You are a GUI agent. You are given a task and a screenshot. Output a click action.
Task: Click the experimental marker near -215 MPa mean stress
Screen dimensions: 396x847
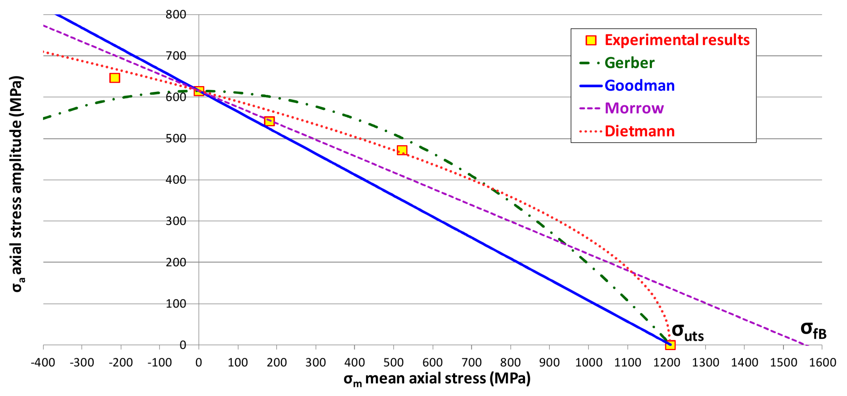pos(115,78)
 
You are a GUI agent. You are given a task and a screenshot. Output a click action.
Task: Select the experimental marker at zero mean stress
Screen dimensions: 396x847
pos(199,91)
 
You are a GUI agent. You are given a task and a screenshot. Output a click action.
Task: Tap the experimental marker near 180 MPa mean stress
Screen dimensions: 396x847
pos(269,121)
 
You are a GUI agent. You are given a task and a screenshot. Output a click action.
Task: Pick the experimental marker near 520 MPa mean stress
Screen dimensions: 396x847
pos(402,150)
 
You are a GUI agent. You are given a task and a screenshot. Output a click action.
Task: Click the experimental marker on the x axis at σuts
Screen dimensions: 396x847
pos(670,345)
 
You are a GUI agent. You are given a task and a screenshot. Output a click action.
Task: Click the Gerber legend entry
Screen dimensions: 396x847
pos(629,63)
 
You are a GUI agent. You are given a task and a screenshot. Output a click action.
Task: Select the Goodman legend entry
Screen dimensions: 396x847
pos(639,86)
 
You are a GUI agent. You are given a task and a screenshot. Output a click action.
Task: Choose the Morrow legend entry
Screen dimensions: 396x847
pos(634,108)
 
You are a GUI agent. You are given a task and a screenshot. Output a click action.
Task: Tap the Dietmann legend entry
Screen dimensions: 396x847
pos(639,131)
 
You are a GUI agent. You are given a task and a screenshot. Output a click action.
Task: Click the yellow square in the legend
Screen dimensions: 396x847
pos(591,40)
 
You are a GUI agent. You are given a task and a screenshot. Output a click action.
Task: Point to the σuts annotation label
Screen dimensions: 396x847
pos(688,332)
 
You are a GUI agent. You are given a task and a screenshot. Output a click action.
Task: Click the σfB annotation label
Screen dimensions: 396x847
pos(813,330)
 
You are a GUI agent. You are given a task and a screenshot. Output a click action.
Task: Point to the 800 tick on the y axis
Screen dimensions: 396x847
pos(176,15)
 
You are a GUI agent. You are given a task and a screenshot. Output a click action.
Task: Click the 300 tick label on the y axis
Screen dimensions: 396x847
pos(176,221)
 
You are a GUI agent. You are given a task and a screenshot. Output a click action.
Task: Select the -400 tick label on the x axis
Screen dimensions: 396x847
pos(43,362)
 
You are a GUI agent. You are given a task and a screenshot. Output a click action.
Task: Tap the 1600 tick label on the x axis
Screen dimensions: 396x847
pos(822,362)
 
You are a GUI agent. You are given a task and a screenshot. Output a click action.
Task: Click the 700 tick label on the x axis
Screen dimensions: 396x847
pos(471,362)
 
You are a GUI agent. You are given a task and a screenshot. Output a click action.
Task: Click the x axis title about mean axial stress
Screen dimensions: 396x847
pos(437,379)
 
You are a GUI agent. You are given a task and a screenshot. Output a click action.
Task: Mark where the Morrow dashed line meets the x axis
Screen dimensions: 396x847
pos(806,345)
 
